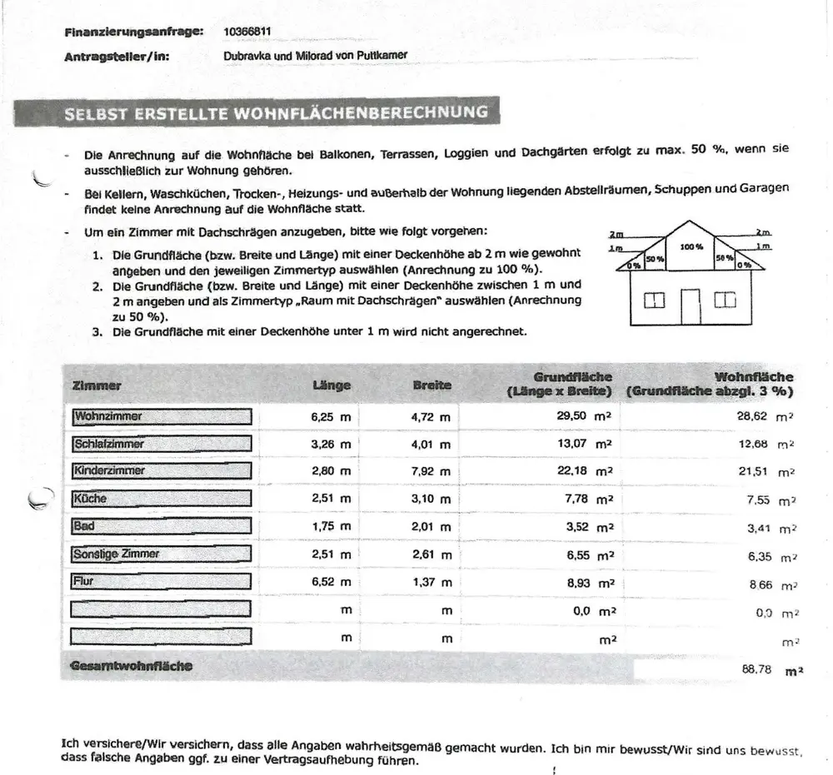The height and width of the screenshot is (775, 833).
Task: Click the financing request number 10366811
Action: tap(247, 32)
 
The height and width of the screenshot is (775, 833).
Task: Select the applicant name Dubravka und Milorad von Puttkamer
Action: tap(315, 57)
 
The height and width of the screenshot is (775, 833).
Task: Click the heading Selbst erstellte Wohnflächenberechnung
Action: tap(276, 113)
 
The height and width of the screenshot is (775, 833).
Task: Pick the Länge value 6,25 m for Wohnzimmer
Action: tap(331, 417)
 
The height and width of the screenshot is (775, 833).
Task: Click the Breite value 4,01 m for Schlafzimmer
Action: tap(431, 445)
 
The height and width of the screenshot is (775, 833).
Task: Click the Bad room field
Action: tap(162, 526)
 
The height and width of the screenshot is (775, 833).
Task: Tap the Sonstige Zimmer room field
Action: tap(162, 554)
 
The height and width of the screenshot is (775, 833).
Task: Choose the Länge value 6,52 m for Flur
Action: tap(331, 583)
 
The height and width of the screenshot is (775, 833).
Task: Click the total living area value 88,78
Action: tap(756, 668)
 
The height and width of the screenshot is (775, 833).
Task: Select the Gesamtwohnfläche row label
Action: tap(132, 666)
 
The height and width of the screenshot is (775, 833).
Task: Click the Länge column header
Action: tap(332, 385)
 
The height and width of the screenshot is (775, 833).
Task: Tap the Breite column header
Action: tap(431, 385)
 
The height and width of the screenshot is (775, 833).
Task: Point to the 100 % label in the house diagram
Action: tap(691, 247)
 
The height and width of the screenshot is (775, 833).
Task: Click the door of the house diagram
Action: tap(691, 306)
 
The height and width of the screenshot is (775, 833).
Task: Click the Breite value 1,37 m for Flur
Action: tap(431, 583)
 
